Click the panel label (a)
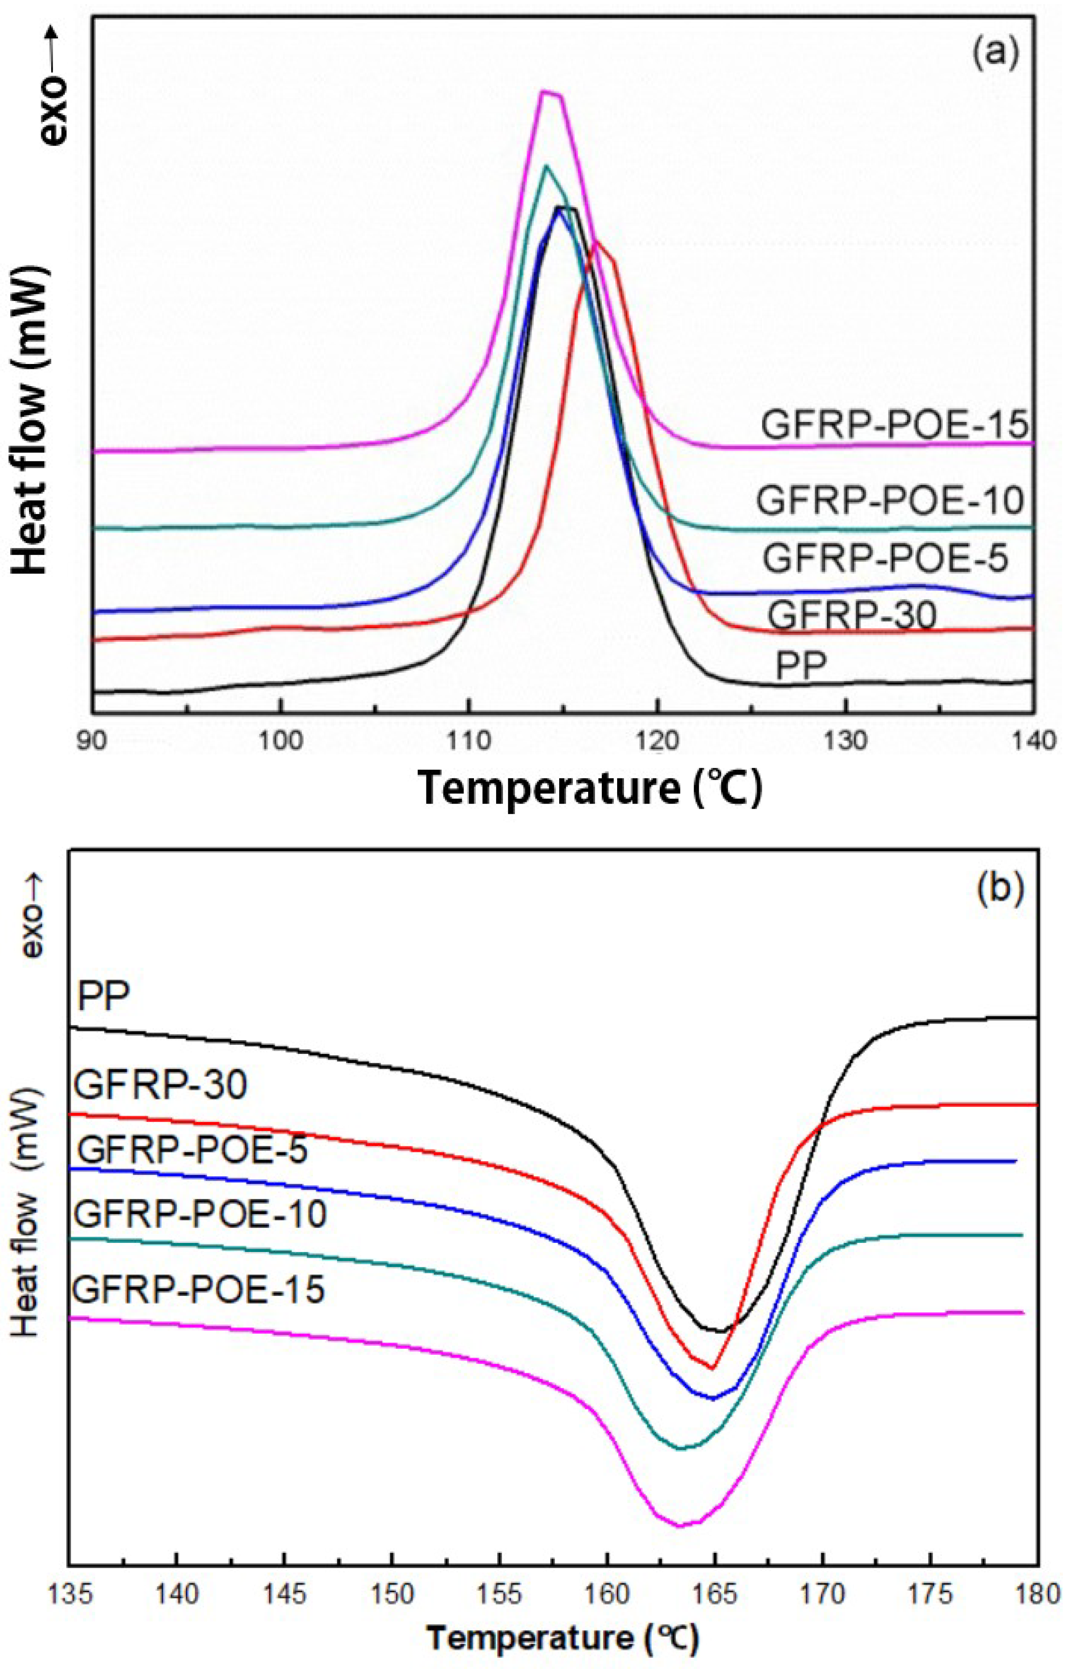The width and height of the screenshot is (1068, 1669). (996, 53)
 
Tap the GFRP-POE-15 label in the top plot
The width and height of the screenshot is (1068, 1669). (894, 424)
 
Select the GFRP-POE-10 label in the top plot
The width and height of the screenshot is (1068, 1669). (890, 500)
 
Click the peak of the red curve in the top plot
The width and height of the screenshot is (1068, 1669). (596, 242)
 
